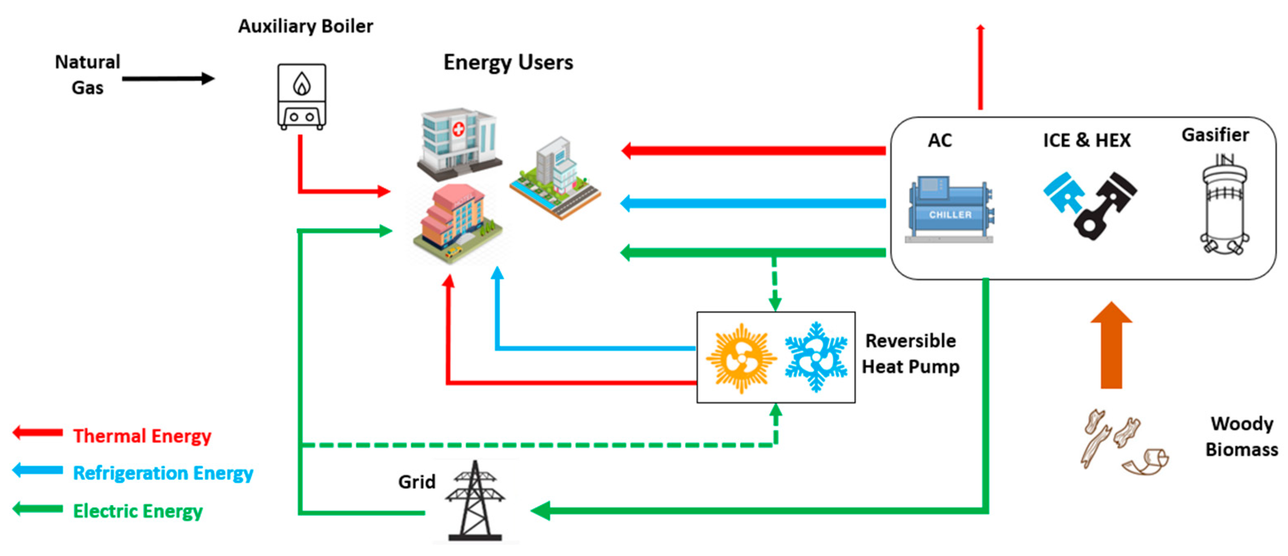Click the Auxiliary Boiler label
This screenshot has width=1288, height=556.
(x=305, y=26)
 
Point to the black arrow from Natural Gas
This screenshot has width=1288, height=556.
(x=168, y=78)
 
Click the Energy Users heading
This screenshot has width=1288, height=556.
(x=508, y=62)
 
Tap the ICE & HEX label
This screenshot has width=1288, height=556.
(x=1086, y=140)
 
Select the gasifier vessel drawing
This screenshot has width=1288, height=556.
(x=1223, y=205)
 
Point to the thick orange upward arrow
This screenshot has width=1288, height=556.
(x=1111, y=345)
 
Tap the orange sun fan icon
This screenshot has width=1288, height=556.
(x=741, y=358)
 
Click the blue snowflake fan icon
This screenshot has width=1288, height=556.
(x=816, y=357)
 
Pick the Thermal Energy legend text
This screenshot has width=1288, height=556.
(x=142, y=436)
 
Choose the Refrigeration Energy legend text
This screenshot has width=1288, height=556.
(x=163, y=473)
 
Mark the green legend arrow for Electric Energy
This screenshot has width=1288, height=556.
(x=37, y=509)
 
